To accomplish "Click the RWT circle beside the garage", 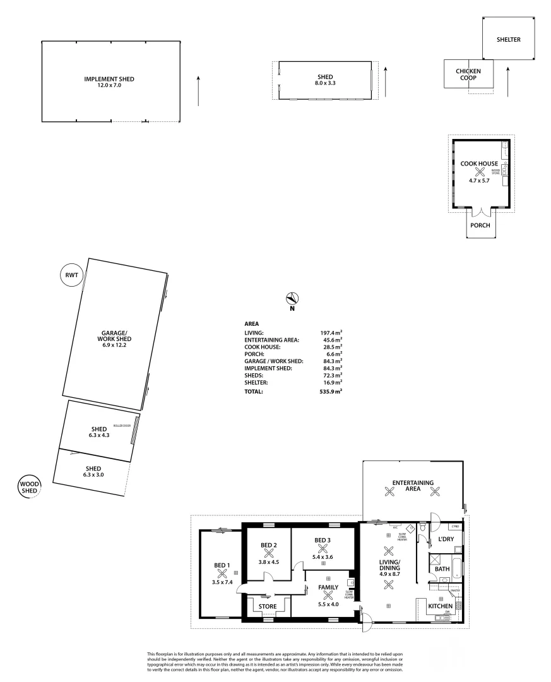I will [70, 275].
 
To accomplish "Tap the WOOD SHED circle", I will [29, 487].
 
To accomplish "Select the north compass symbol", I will [292, 299].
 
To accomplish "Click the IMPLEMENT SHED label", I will [109, 79].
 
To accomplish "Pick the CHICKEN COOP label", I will [468, 75].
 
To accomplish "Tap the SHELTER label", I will [508, 39].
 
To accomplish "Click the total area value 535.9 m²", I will [331, 392].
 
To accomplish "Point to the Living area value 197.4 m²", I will [331, 332].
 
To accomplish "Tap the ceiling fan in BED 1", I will [222, 573].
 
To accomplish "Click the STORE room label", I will [268, 607].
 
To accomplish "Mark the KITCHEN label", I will [440, 606].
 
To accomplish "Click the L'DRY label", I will [446, 539].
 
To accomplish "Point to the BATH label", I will [442, 569].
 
